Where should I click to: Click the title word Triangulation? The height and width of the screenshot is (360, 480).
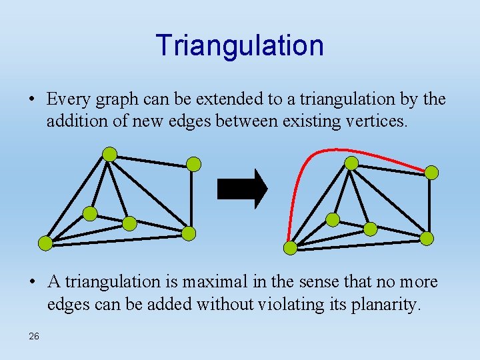click(x=240, y=45)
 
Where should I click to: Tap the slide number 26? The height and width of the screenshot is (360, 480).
click(x=33, y=336)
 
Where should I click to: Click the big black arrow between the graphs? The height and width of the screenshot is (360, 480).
click(x=242, y=189)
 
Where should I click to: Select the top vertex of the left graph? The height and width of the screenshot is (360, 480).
click(x=109, y=155)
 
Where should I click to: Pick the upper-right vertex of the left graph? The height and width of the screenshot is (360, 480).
click(x=193, y=164)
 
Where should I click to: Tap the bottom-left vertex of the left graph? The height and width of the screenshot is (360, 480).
click(x=45, y=243)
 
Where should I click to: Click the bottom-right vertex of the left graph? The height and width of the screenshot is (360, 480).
click(x=189, y=233)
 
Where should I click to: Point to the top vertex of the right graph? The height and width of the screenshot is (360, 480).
click(x=351, y=163)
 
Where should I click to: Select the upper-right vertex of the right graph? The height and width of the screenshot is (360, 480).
click(x=432, y=173)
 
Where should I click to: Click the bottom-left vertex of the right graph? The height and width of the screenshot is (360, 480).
click(x=290, y=248)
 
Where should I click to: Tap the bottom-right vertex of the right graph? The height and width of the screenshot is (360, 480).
click(x=427, y=238)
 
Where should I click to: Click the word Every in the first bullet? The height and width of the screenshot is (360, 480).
click(x=69, y=99)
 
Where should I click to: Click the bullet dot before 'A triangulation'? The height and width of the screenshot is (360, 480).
click(x=33, y=283)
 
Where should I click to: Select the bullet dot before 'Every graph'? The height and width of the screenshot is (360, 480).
click(x=33, y=100)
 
